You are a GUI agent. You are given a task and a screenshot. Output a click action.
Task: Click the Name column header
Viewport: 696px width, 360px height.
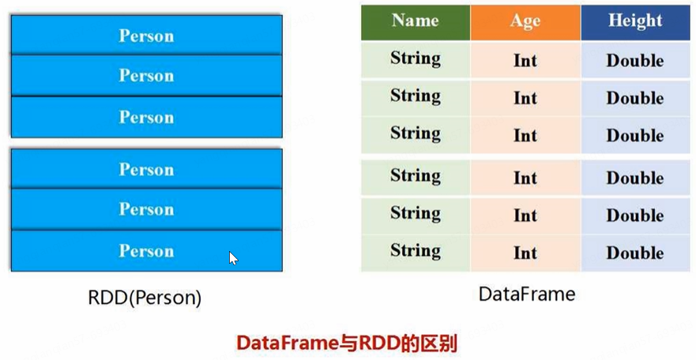click(416, 21)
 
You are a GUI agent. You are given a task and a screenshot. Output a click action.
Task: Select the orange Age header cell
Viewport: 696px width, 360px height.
click(525, 22)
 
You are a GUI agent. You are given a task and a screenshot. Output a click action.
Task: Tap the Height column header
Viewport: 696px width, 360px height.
click(635, 21)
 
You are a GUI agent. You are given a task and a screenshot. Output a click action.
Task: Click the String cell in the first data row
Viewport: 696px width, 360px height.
click(416, 59)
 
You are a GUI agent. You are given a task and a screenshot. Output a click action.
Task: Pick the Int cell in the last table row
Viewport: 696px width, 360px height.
click(525, 253)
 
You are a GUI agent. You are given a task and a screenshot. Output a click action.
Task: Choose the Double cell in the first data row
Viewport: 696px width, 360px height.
click(635, 60)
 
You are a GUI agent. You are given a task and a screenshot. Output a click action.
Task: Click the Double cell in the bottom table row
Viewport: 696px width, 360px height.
click(635, 253)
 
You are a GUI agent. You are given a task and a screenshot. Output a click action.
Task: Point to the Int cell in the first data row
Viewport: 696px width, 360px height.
click(525, 60)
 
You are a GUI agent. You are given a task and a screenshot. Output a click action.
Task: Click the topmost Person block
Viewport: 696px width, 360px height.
click(146, 36)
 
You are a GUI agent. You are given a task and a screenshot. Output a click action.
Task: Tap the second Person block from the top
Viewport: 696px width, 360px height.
click(146, 76)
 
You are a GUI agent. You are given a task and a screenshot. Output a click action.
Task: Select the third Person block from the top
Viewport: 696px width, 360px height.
click(146, 117)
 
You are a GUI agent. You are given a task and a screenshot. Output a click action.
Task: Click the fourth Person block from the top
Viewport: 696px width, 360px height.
click(146, 170)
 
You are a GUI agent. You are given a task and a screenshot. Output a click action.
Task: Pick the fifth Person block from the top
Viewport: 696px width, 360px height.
click(146, 209)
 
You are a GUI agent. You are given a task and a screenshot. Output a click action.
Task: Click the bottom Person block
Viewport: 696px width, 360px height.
click(146, 251)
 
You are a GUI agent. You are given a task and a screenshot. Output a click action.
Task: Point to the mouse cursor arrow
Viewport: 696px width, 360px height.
click(232, 257)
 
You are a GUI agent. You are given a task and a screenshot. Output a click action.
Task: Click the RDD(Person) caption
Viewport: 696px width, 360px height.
click(145, 298)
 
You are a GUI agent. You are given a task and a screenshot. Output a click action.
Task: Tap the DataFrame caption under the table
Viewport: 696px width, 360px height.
click(527, 294)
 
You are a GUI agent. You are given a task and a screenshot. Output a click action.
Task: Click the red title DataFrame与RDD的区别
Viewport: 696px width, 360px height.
click(348, 344)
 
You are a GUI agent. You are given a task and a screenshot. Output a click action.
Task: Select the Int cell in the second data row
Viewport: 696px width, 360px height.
click(525, 99)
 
